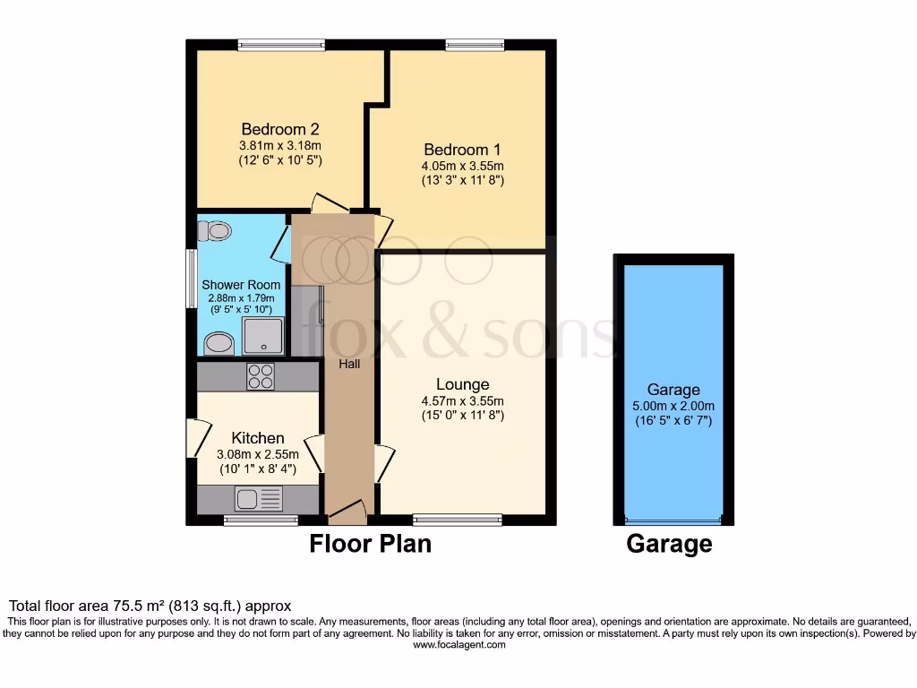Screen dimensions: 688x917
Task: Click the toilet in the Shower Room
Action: (215, 231)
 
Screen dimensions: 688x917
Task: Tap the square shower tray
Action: (267, 337)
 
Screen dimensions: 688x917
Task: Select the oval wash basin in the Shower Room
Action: (218, 343)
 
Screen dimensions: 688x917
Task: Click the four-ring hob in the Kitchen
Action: (261, 377)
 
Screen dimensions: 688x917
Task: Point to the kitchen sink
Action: (258, 498)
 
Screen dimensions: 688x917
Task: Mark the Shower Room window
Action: (191, 279)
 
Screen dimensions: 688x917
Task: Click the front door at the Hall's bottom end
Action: (347, 513)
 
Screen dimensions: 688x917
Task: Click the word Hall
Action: (349, 365)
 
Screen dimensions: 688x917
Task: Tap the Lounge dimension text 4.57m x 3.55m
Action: (462, 401)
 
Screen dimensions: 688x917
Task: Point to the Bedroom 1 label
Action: (462, 150)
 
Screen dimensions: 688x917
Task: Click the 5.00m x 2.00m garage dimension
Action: (673, 406)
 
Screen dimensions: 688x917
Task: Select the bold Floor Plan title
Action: (370, 544)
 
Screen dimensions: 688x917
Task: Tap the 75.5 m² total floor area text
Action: (150, 606)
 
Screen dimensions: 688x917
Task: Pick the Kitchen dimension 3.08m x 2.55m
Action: (258, 454)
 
